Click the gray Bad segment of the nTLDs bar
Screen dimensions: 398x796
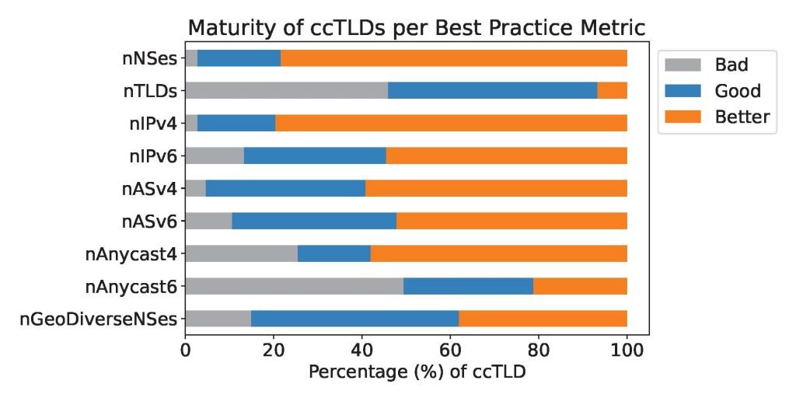click(286, 91)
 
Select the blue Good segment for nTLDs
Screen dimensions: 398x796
click(492, 91)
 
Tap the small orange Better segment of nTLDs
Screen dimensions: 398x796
click(612, 91)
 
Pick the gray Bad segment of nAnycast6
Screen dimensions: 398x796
click(294, 286)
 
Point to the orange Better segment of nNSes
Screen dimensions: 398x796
click(453, 58)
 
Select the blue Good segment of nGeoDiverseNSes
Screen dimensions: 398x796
click(354, 319)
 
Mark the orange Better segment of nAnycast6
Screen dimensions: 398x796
click(580, 286)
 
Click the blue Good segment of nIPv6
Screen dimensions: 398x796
click(315, 156)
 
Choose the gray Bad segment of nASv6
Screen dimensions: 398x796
click(208, 221)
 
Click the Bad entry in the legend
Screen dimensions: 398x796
click(731, 65)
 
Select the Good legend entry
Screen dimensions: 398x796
click(737, 91)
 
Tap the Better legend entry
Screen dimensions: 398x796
click(742, 117)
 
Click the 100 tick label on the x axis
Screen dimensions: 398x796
click(627, 351)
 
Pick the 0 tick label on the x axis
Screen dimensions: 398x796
click(185, 351)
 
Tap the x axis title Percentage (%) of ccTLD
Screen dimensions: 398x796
click(417, 372)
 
